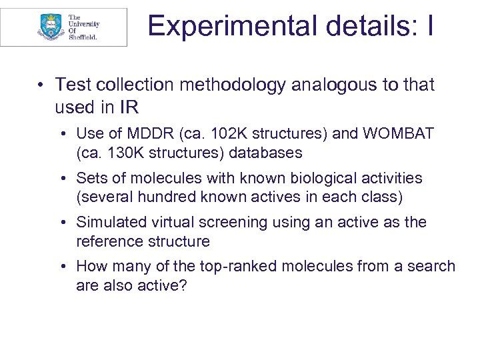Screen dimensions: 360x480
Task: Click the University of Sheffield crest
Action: pyautogui.click(x=50, y=27)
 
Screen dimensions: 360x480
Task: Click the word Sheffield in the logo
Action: pyautogui.click(x=83, y=38)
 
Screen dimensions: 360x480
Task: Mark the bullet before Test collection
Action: pyautogui.click(x=41, y=86)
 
